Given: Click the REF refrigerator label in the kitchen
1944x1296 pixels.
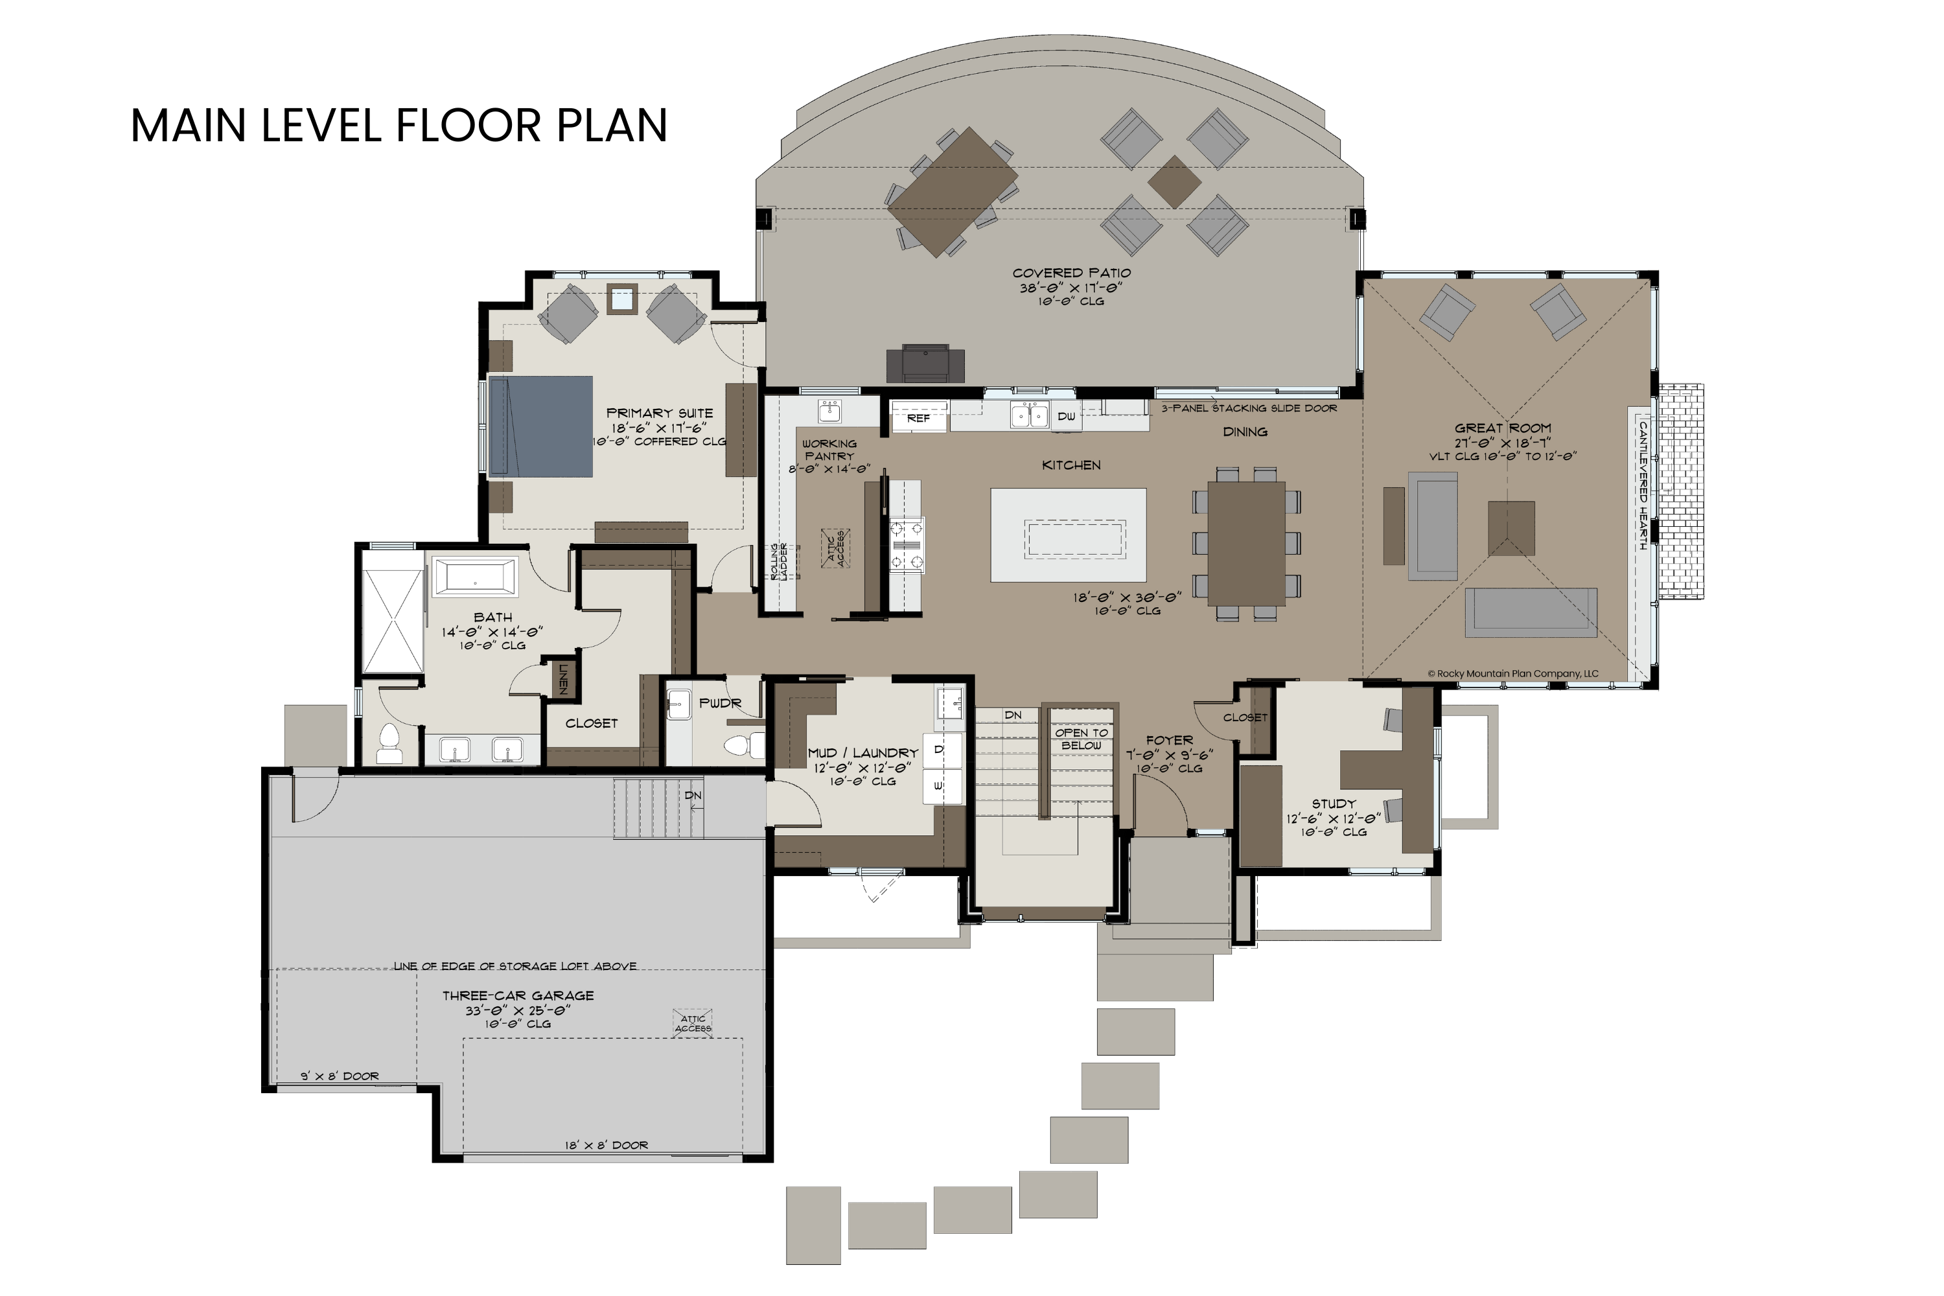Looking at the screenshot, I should [x=918, y=418].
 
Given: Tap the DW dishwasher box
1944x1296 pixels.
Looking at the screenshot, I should [x=1066, y=416].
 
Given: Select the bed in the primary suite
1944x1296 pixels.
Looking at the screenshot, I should [x=540, y=426].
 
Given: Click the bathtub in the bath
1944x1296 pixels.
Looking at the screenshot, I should [x=475, y=577].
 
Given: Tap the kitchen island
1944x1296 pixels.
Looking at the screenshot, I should [x=1068, y=535].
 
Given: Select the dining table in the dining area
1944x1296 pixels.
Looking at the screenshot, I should [x=1245, y=543].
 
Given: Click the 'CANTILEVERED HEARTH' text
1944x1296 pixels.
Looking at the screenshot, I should [x=1643, y=486].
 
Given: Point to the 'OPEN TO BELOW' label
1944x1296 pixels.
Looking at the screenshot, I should [x=1081, y=739].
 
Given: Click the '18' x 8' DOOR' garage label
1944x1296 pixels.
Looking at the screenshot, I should [x=606, y=1145].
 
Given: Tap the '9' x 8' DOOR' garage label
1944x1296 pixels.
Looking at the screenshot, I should [x=339, y=1076].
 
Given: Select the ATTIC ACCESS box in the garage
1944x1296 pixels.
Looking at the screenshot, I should [x=693, y=1023].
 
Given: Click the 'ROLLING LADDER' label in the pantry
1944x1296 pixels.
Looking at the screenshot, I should [x=779, y=561].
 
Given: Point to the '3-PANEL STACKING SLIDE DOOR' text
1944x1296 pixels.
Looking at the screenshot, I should [x=1248, y=408].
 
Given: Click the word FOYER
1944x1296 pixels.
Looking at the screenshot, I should [x=1169, y=741].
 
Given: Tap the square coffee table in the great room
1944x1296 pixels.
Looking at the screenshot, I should [x=1511, y=528].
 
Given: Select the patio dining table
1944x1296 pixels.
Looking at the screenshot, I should [x=951, y=192].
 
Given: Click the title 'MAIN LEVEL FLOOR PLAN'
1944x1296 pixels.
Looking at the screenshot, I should [x=399, y=126].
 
